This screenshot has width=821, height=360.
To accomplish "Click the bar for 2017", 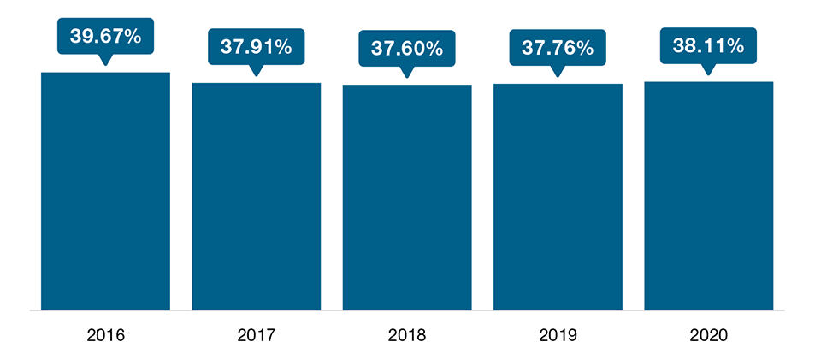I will click(256, 196).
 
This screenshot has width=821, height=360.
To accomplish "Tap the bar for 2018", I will click(407, 197).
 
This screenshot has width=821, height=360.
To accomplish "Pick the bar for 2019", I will click(558, 197).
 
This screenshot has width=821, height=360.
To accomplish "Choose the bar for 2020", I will click(709, 196).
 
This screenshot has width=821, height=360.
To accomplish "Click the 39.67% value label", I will click(105, 37).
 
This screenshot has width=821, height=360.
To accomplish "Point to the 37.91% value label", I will click(256, 47).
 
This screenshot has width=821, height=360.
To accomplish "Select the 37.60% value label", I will click(407, 49).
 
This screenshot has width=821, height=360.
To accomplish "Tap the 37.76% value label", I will click(558, 48).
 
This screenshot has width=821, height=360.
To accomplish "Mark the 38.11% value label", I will click(709, 46).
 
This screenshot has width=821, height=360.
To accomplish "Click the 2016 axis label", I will click(105, 335).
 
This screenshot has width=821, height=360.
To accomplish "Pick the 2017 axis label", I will click(256, 335).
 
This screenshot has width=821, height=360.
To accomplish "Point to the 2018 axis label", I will click(407, 335).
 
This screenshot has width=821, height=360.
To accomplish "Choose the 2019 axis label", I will click(558, 335).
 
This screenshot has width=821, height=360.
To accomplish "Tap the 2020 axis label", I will click(709, 335).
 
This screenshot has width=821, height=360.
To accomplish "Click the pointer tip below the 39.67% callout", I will click(105, 64).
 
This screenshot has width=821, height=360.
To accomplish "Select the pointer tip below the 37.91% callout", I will click(256, 75).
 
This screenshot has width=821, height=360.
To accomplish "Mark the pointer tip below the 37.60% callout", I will click(407, 77).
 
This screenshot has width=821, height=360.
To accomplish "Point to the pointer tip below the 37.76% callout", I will click(558, 76).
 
